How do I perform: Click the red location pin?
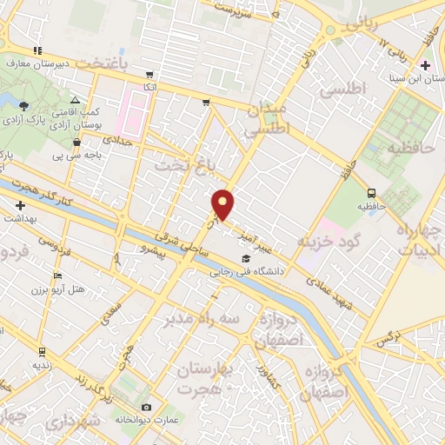224,204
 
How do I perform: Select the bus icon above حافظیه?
372,194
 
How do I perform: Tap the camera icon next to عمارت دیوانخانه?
146,407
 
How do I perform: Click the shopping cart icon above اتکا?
150,75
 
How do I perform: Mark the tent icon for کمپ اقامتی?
74,101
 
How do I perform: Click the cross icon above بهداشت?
20,205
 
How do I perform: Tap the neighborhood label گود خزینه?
329,240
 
